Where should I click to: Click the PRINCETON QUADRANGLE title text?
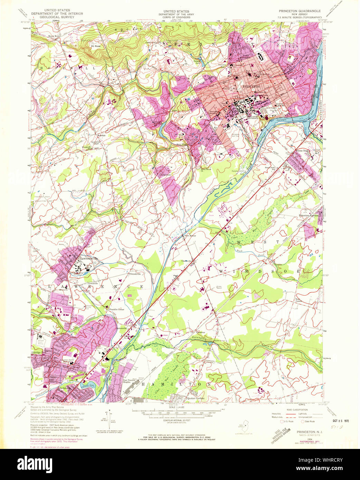[x=300, y=11]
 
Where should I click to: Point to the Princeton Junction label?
[x=309, y=215]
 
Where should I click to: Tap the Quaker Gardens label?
[x=196, y=398]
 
